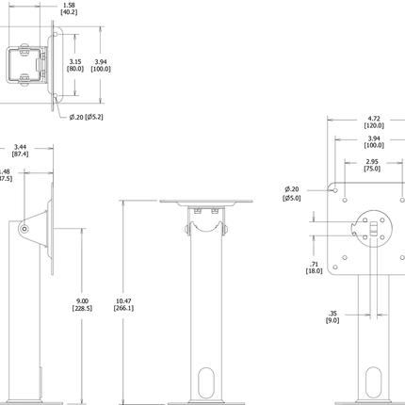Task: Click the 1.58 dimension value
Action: (x=68, y=5)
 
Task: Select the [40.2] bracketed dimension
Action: (x=68, y=13)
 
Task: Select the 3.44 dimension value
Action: (x=21, y=146)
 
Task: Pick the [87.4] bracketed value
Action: (x=21, y=154)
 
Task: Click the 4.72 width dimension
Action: (x=373, y=119)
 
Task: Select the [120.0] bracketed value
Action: (x=373, y=127)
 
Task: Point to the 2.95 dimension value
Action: (x=373, y=162)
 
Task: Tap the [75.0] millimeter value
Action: (x=373, y=170)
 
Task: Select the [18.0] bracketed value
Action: (x=314, y=270)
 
